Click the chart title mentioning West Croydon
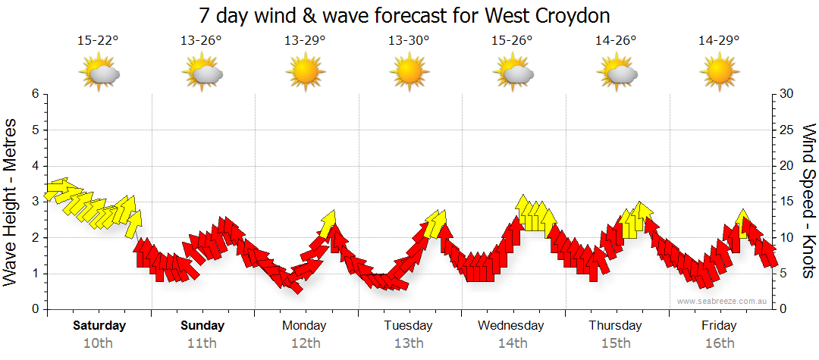404,16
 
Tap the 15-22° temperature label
99,40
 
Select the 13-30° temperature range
409,40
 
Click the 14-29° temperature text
719,40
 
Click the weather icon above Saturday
99,73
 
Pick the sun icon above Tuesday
409,73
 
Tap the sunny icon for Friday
719,73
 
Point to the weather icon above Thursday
616,73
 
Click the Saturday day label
99,326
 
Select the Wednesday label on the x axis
512,326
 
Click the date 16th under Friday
719,343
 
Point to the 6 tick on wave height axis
34,94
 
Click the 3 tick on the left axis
34,202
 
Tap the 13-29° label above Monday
305,40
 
